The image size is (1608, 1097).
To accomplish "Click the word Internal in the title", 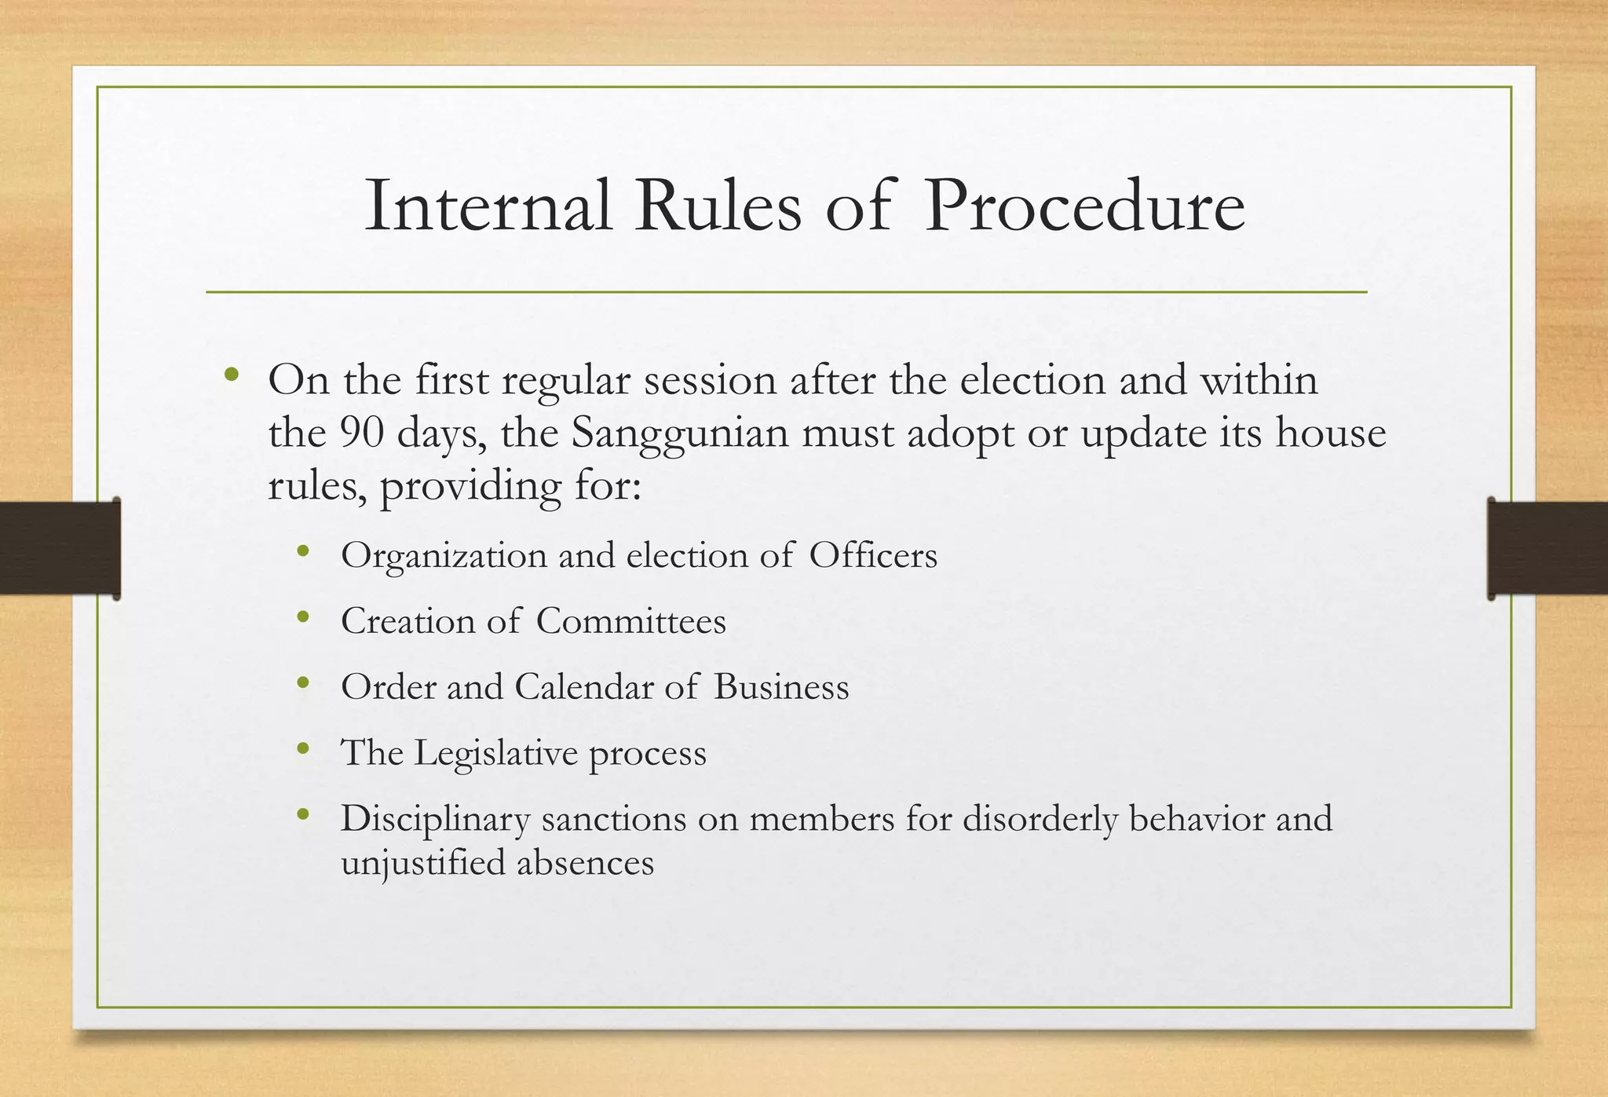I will [488, 207].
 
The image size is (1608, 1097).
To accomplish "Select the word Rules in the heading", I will [718, 207].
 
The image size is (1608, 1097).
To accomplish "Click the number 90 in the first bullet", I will [362, 433].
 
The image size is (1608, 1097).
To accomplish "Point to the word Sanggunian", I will [680, 433].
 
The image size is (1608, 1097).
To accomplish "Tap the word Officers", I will [873, 556].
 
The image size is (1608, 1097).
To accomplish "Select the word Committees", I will [631, 621].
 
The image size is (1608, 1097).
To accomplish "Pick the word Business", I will [781, 687].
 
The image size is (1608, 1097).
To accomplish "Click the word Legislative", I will [495, 753].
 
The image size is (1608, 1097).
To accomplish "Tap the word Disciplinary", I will [436, 819].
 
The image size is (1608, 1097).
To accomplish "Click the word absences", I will [585, 863].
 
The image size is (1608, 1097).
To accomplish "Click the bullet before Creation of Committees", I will [304, 618].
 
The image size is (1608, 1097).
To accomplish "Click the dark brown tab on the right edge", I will [1548, 548].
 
